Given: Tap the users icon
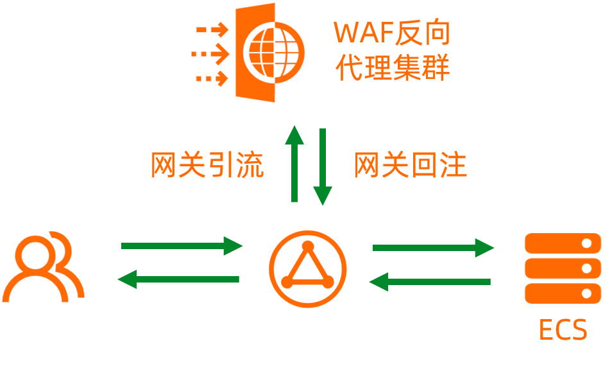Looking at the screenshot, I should pos(43,265).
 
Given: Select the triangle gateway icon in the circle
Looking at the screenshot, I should pos(308,268).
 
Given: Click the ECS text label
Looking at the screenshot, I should pos(563,330).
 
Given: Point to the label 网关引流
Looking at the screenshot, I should pos(207,166).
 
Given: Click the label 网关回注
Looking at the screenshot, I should pos(411,166).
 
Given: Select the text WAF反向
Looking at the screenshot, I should pos(392,33).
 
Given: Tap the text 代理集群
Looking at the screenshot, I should pos(392,68).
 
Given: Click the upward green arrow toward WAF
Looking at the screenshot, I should pos(294,164).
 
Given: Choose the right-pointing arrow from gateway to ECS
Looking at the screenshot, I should pos(434,247).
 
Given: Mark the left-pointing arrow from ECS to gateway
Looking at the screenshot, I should pos(430,281).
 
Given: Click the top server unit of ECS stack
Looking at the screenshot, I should pos(563,243).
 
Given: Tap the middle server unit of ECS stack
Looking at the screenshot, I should pos(563,268).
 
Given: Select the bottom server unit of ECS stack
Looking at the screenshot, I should pos(563,293).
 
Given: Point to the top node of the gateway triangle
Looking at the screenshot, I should pos(308,246).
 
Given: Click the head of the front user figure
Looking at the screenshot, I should pos(32,253).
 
